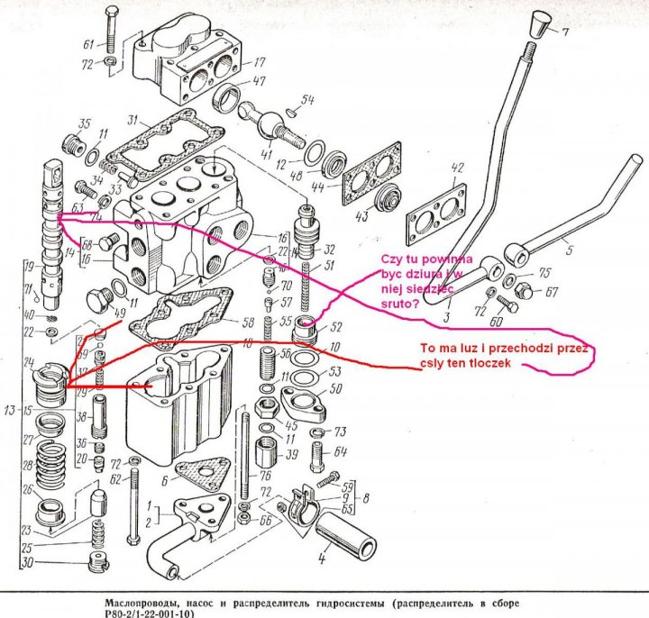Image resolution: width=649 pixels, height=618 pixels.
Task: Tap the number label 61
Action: pos(88,44)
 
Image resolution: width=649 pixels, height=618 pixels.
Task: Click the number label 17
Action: pos(259,63)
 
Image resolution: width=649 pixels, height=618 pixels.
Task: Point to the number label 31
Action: pos(133,120)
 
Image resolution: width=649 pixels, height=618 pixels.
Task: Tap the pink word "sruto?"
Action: pos(397,305)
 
